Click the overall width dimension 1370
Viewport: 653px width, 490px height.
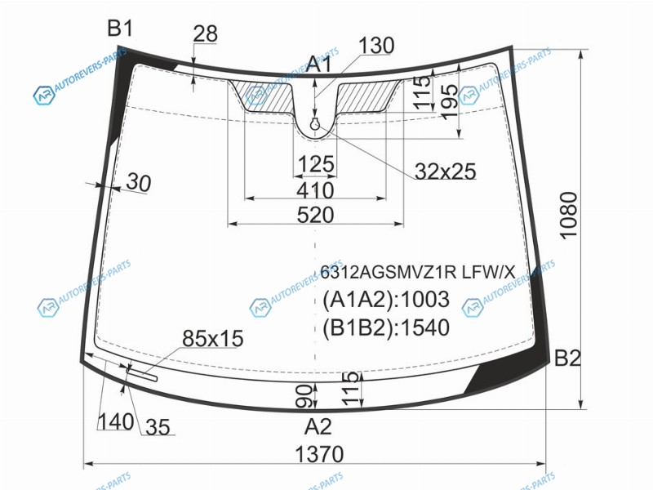[x=319, y=454]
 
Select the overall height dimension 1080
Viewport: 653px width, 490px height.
[x=568, y=215]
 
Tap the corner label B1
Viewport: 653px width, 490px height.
[x=120, y=29]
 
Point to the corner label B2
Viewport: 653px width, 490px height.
[x=567, y=358]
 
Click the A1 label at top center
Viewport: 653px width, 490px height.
[x=319, y=65]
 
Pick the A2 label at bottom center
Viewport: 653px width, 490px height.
[x=318, y=426]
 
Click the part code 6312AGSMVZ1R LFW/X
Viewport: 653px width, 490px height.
[x=417, y=272]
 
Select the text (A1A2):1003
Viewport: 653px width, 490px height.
[x=386, y=299]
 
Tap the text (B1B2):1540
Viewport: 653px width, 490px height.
[x=386, y=327]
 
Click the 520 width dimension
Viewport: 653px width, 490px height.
[x=316, y=215]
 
